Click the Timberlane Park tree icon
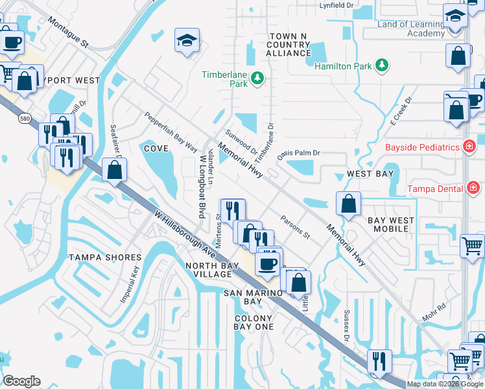258,78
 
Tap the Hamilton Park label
342,65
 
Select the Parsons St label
295,227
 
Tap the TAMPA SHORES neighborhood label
105,258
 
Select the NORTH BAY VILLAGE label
209,270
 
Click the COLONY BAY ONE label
254,322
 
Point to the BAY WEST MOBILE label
391,225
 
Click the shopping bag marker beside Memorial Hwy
349,204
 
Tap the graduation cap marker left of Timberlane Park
186,41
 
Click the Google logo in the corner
21,381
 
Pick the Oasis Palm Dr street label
299,154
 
